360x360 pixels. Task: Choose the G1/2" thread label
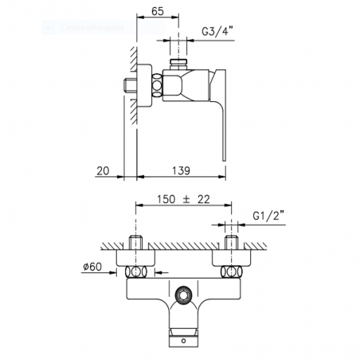(267, 215)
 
